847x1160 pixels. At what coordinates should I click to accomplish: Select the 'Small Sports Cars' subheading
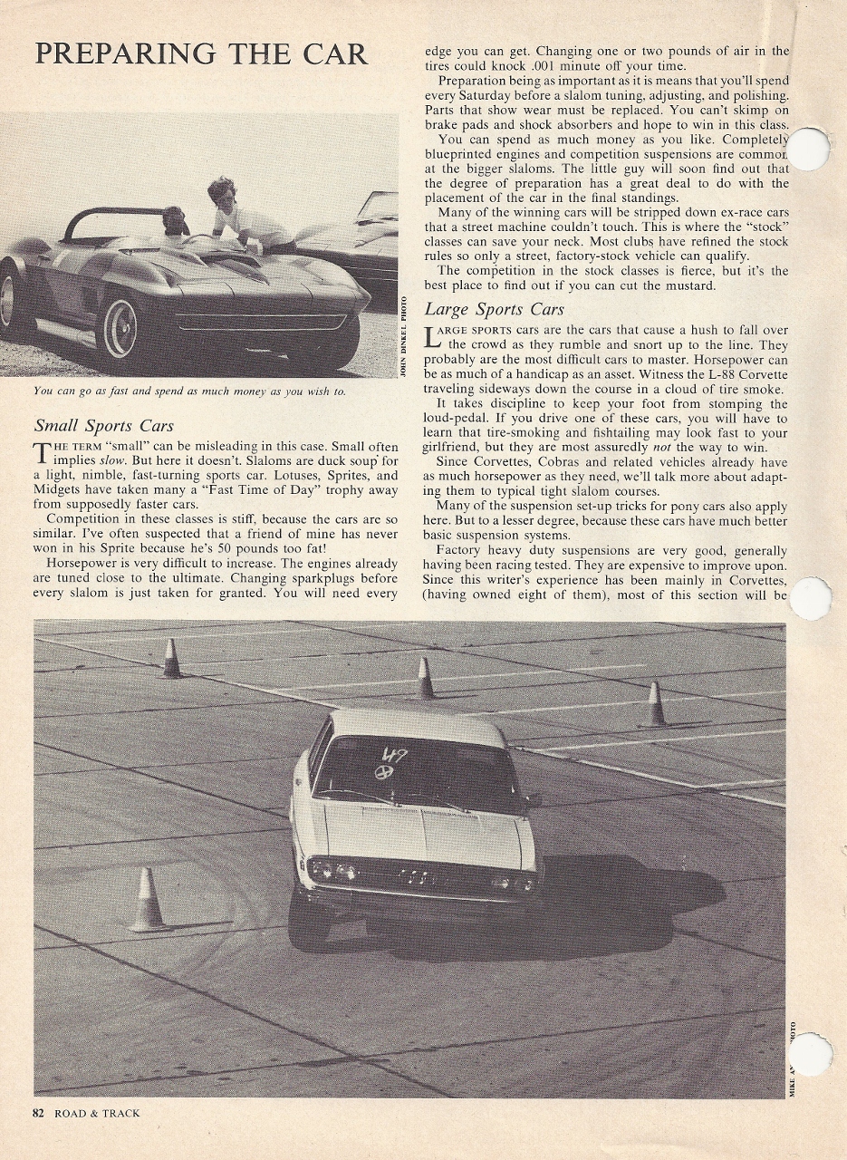[104, 425]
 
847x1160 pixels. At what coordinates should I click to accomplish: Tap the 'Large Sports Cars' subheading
[494, 310]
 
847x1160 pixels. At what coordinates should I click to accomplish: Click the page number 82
[38, 1113]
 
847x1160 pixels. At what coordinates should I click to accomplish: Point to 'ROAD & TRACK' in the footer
[97, 1113]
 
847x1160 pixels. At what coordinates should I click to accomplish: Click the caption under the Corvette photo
[188, 391]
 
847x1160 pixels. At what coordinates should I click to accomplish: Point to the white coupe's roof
[417, 725]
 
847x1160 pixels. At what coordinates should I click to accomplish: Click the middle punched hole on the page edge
[811, 599]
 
